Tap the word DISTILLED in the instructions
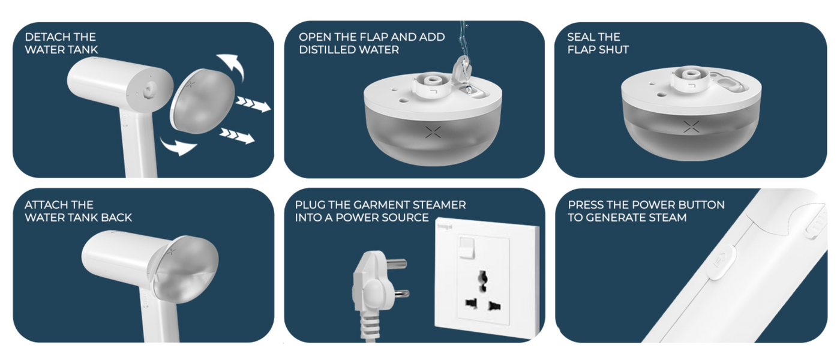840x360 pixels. coord(325,50)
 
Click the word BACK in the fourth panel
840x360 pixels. coord(116,217)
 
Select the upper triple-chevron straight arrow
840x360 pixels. coord(253,104)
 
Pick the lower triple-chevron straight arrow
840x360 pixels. coord(237,135)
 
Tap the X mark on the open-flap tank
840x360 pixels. coord(433,131)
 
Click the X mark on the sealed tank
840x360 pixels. coord(691,127)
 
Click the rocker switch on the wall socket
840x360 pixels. coord(467,247)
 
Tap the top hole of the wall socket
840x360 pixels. coord(483,279)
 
